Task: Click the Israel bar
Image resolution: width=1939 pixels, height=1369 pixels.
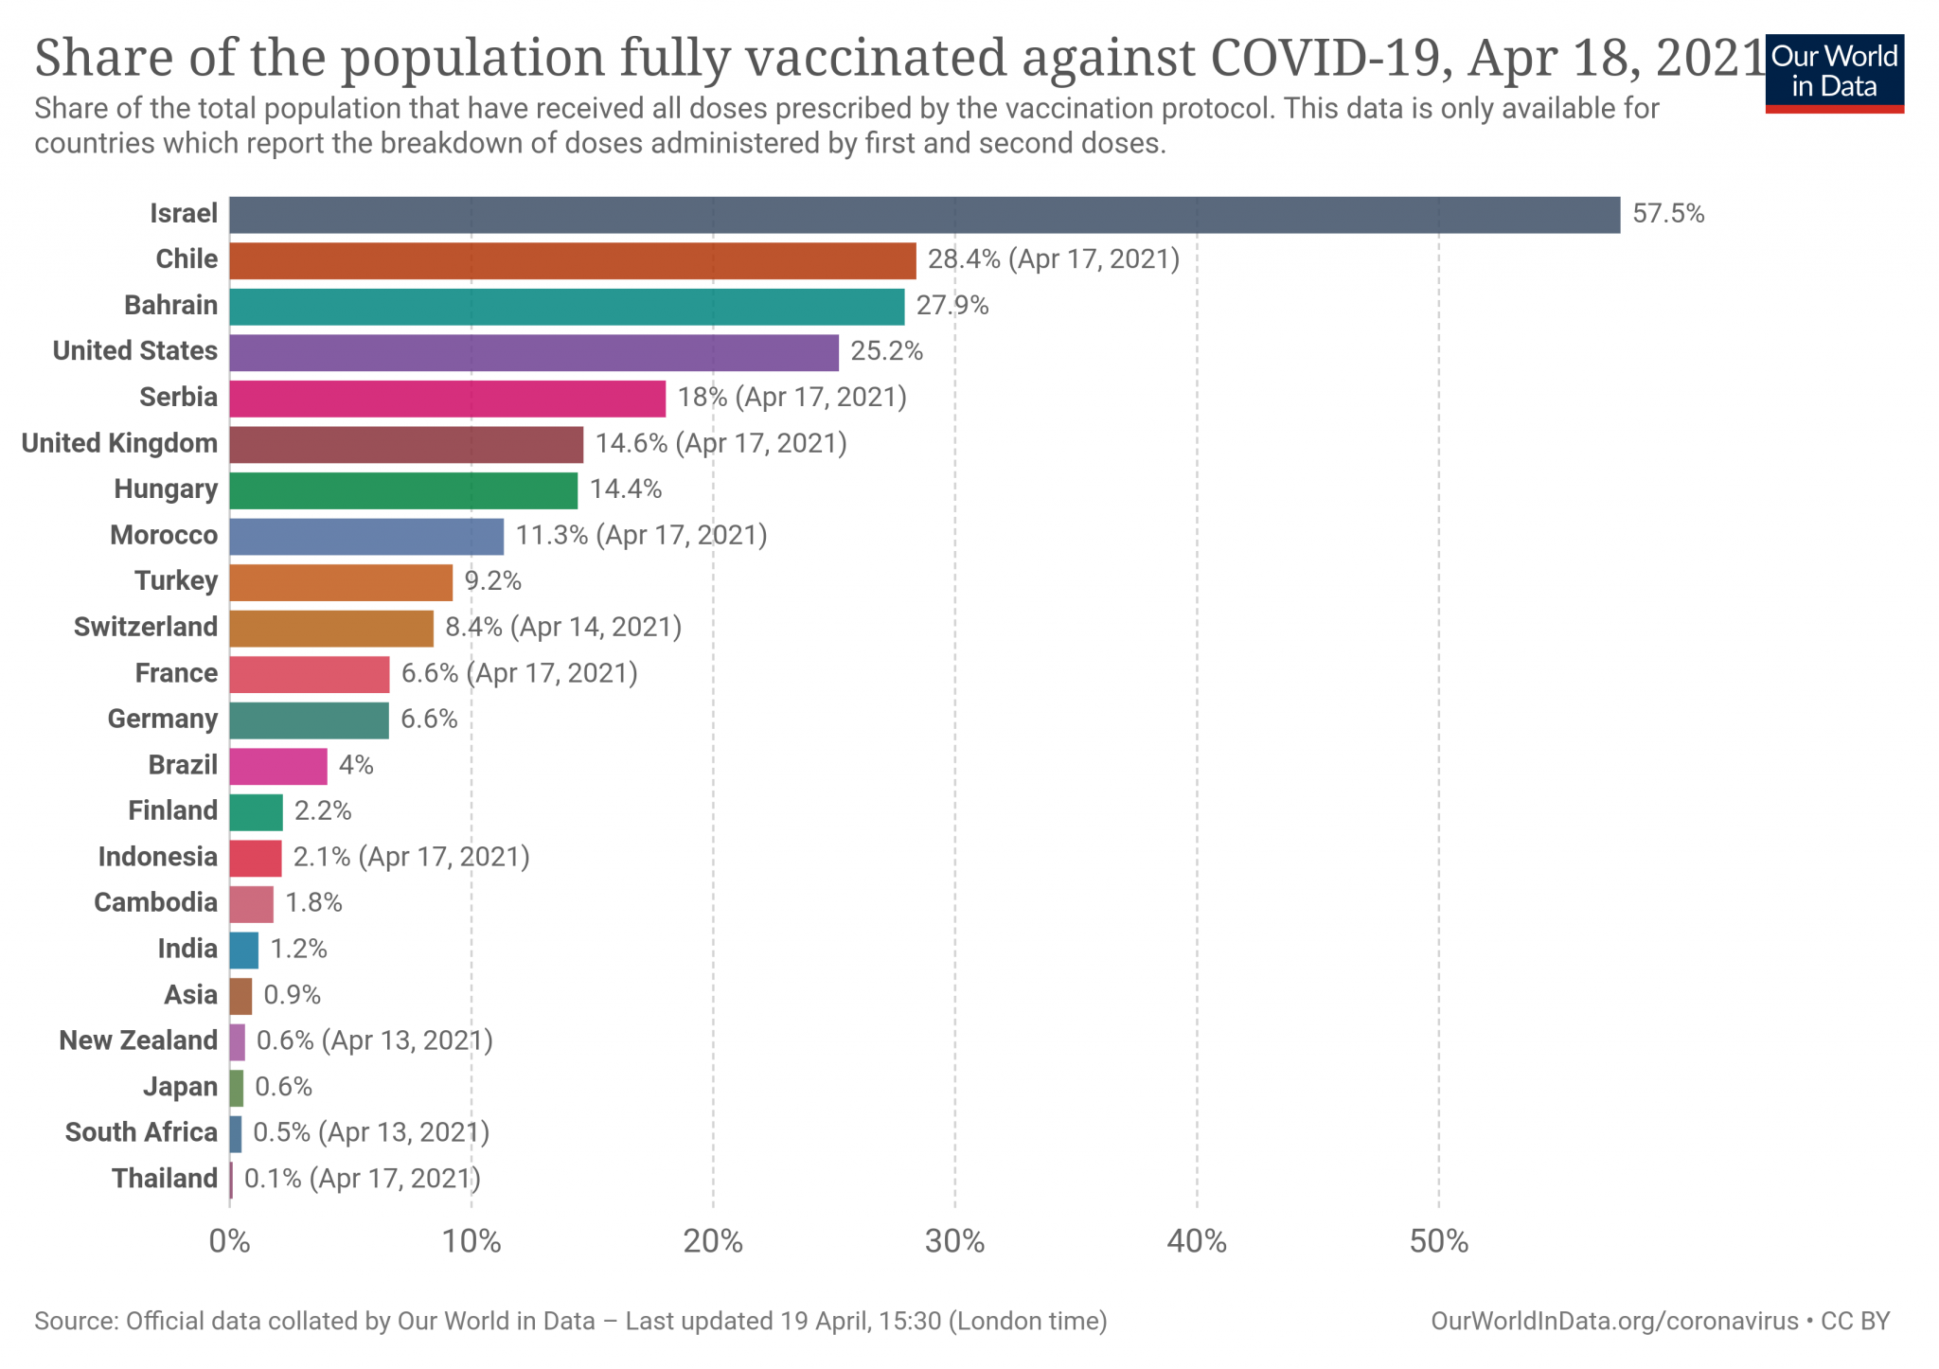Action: point(924,215)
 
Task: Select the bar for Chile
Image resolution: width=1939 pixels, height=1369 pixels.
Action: point(572,260)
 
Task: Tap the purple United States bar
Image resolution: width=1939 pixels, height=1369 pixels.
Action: point(533,352)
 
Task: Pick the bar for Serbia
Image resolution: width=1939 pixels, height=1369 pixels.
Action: point(447,399)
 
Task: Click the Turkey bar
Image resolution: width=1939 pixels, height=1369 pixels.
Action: point(341,582)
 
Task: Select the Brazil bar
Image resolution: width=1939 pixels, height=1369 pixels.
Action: point(277,766)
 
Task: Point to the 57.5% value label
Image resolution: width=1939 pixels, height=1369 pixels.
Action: point(1668,214)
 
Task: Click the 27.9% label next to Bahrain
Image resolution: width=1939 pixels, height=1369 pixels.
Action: point(952,306)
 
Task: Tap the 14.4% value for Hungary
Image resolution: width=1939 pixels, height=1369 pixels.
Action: point(626,489)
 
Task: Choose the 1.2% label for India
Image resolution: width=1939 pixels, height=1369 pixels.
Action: point(299,949)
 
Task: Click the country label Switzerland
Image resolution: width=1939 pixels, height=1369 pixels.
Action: point(146,627)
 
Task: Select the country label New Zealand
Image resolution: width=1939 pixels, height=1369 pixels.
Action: point(138,1040)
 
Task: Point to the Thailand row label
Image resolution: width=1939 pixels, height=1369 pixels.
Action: point(165,1179)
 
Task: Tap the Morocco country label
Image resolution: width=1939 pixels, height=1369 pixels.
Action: point(164,536)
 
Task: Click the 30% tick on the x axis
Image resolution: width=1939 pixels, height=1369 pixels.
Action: point(954,1242)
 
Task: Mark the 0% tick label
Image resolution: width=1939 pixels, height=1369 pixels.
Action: point(229,1242)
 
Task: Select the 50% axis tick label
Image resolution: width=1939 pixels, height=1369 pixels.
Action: point(1438,1242)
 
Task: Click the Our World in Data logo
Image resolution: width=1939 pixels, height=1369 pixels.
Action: point(1834,73)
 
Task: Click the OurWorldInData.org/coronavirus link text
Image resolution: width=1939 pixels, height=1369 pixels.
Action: point(1614,1322)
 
